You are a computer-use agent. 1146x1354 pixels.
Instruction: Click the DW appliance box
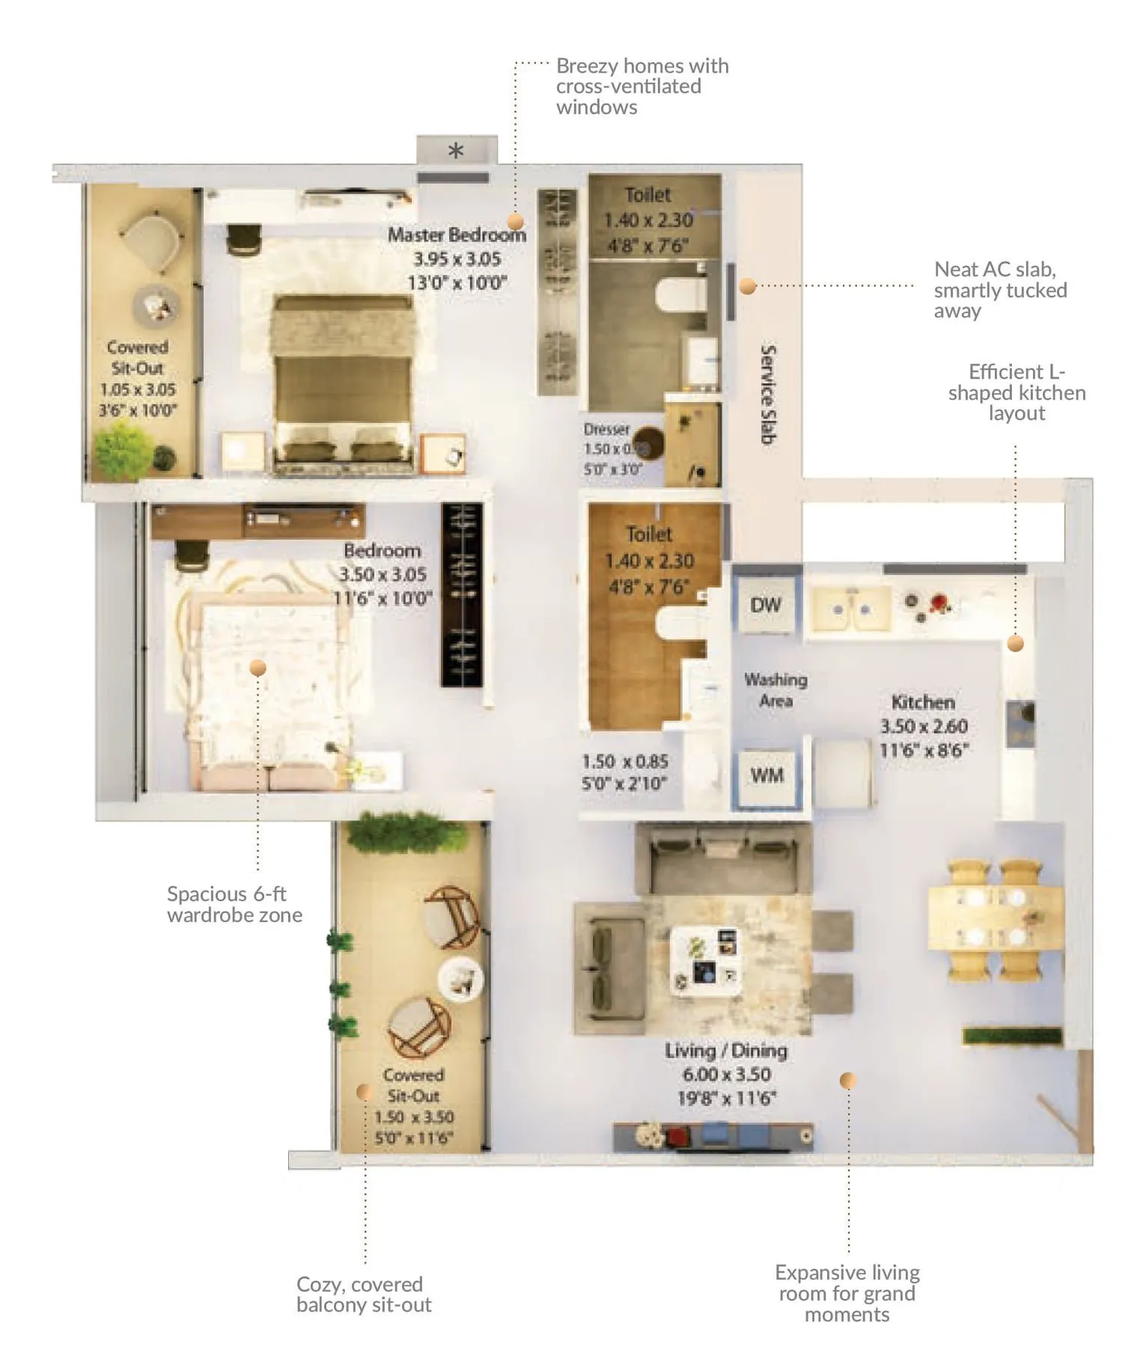coord(766,605)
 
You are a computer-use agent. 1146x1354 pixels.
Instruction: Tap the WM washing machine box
coord(766,775)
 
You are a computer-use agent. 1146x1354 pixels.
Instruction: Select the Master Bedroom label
coord(457,234)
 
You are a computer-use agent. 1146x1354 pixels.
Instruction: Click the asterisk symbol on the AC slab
coord(455,151)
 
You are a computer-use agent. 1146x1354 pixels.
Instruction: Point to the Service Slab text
coord(767,394)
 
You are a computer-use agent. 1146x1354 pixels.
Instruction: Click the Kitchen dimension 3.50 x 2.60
coord(924,726)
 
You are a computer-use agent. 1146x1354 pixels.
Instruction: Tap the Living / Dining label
coord(725,1051)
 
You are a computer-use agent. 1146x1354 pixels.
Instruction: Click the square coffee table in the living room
coord(707,960)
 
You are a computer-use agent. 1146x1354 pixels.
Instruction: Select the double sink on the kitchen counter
coord(852,609)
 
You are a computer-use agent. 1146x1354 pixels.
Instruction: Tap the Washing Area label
coord(775,690)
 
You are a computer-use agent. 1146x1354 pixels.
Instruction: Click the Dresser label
coord(606,430)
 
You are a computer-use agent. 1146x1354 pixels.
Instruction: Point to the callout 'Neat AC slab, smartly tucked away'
coord(1000,290)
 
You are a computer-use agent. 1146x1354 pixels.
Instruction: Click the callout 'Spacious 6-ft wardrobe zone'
coord(234,904)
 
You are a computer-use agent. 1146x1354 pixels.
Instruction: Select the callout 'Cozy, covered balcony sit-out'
coord(364,1294)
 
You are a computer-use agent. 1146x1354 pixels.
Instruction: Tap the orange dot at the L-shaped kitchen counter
coord(1015,643)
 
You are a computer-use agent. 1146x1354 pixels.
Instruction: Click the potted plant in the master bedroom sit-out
coord(121,448)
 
